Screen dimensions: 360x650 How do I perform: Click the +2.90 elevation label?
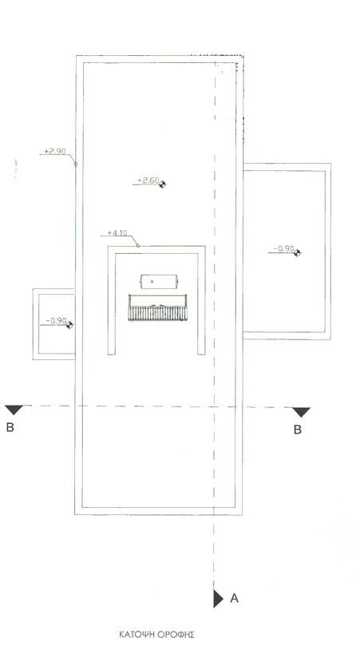[55, 151]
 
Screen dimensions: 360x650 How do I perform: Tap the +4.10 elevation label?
[117, 232]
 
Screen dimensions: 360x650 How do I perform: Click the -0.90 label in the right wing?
[284, 248]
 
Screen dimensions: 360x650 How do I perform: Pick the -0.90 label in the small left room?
[56, 320]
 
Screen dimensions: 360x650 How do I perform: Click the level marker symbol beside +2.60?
[162, 184]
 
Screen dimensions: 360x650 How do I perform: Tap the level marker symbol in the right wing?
[297, 252]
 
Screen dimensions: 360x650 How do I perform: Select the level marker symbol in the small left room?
[69, 325]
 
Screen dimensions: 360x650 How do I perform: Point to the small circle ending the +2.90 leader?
[76, 164]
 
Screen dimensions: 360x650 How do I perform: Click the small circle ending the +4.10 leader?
[138, 245]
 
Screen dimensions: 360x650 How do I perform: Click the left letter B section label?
[10, 427]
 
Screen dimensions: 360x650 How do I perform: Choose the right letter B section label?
[298, 430]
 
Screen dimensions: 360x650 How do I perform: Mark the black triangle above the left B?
[14, 410]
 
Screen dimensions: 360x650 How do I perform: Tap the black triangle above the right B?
[301, 412]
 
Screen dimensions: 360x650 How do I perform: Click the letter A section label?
[234, 598]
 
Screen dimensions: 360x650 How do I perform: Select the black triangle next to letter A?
[218, 599]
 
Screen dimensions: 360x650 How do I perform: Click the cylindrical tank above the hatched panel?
[157, 281]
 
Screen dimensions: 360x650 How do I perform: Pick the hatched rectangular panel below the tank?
[157, 307]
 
